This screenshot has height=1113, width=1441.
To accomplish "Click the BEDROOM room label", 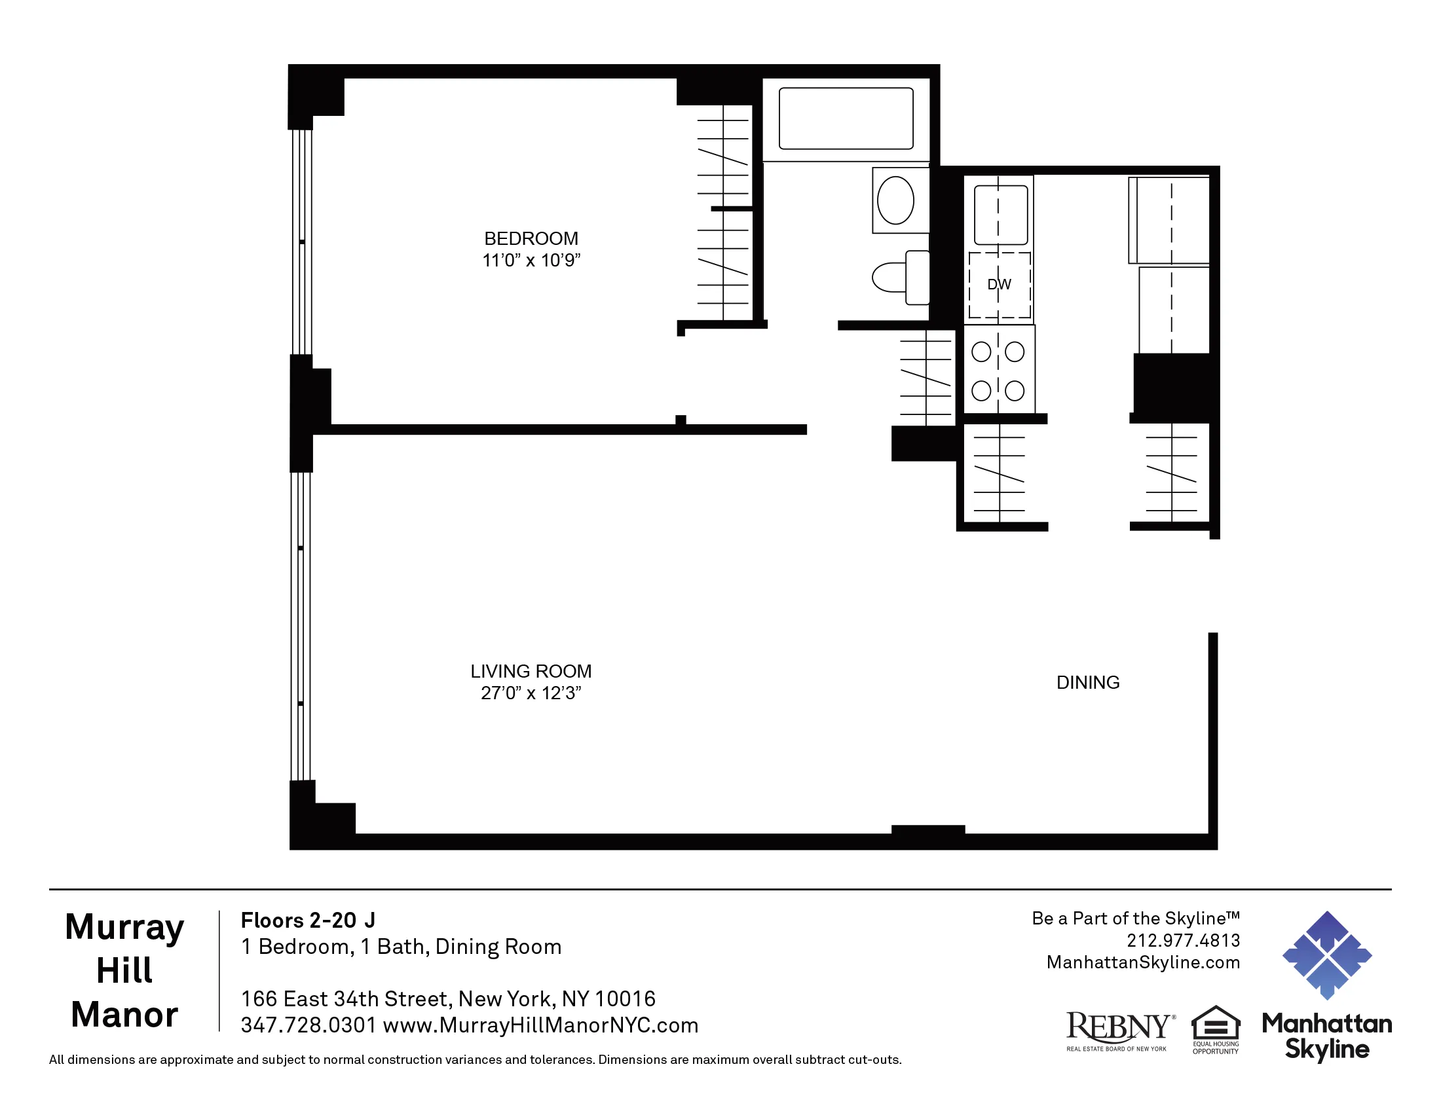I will point(531,238).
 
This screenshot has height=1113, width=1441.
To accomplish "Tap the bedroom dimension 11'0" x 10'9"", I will point(531,261).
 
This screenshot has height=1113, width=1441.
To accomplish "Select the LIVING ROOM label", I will point(531,671).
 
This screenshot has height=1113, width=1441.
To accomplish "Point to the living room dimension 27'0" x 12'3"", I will point(531,693).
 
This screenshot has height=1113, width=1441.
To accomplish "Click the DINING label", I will point(1087,682).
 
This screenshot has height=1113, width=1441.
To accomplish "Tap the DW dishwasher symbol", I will point(999,285).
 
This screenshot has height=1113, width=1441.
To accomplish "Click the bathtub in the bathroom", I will point(845,119).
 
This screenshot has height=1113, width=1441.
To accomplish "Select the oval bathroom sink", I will point(895,200).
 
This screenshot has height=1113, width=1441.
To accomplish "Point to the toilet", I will point(901,278).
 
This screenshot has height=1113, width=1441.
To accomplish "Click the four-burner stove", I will point(998,371).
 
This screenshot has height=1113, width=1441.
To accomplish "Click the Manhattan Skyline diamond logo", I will point(1326,955).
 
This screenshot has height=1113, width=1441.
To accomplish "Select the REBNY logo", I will point(1119,1029).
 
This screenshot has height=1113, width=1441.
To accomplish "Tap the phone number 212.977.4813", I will point(1183,940).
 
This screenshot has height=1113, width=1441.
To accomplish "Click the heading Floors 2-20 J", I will point(307,920).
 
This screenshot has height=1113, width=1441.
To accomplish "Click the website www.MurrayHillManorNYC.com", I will point(540,1025).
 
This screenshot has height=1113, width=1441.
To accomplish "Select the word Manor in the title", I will point(124,1014).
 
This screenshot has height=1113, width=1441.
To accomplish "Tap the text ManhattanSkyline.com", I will point(1143,962).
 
